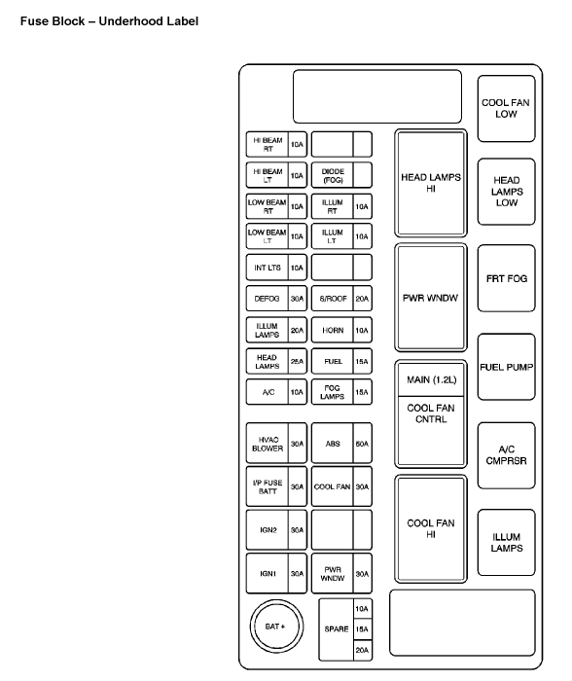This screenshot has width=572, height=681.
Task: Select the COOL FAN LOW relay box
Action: pyautogui.click(x=507, y=109)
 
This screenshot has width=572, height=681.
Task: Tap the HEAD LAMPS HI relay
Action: pyautogui.click(x=431, y=183)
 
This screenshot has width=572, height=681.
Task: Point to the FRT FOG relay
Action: pyautogui.click(x=507, y=278)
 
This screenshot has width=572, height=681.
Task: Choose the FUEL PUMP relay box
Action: pyautogui.click(x=507, y=367)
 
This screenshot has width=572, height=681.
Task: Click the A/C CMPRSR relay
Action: pyautogui.click(x=507, y=455)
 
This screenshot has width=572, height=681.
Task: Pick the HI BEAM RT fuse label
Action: pyautogui.click(x=268, y=145)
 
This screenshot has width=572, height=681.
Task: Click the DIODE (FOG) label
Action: pyautogui.click(x=333, y=175)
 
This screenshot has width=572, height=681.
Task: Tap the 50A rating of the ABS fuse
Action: pyautogui.click(x=362, y=444)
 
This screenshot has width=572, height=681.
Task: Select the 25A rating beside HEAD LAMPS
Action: pyautogui.click(x=297, y=361)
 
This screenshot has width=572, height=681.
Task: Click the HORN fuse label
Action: pyautogui.click(x=333, y=331)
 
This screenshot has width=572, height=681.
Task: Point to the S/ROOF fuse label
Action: pyautogui.click(x=333, y=299)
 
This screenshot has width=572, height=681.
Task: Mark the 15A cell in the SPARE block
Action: pyautogui.click(x=362, y=629)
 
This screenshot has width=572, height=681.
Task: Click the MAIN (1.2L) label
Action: pyautogui.click(x=431, y=379)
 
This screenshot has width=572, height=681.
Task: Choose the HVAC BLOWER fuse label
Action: pyautogui.click(x=268, y=444)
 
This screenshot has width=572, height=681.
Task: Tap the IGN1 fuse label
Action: pyautogui.click(x=268, y=574)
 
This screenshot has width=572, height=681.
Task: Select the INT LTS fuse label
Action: pyautogui.click(x=268, y=268)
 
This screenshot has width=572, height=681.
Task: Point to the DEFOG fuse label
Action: pyautogui.click(x=268, y=299)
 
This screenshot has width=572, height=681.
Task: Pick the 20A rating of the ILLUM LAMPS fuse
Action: pyautogui.click(x=297, y=331)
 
